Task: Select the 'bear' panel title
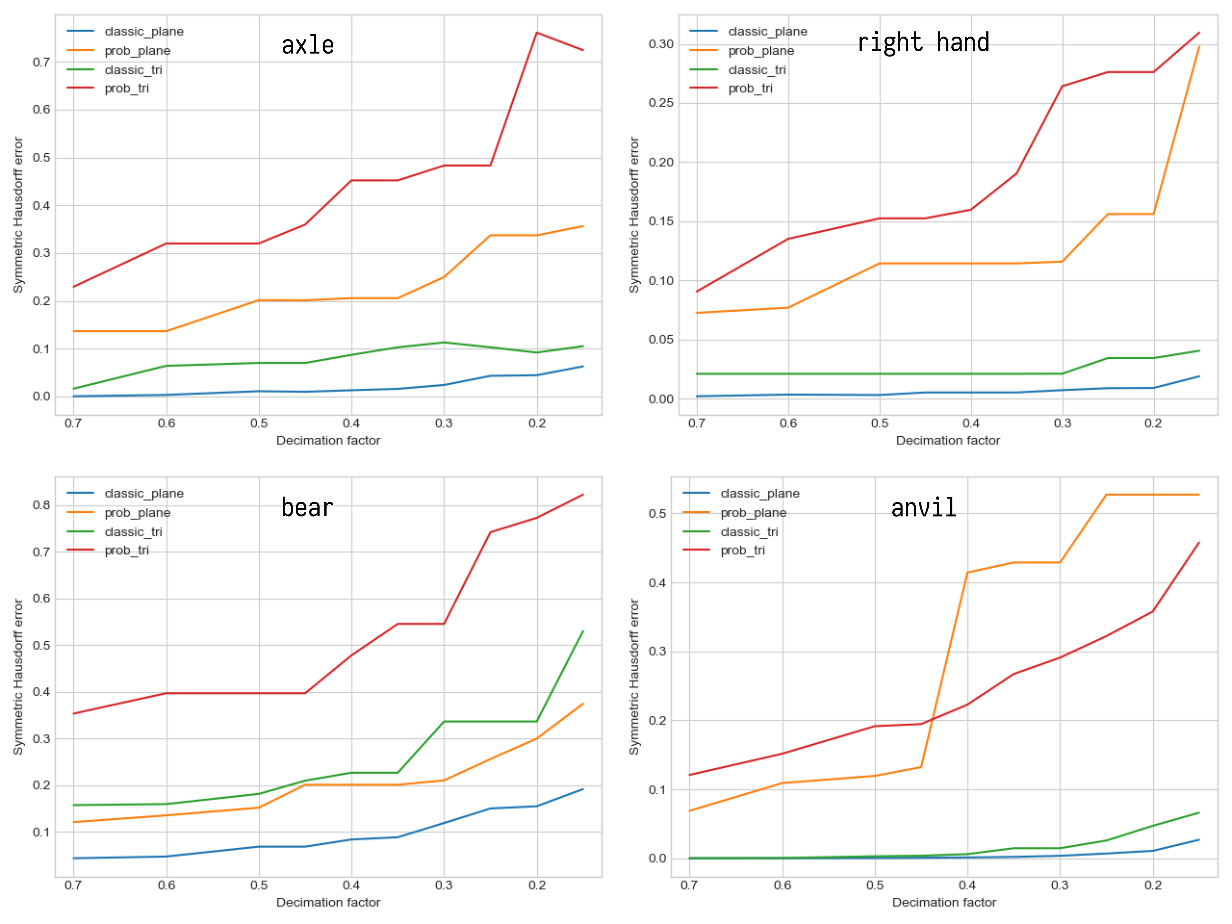click(x=307, y=507)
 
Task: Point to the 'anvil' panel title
click(x=923, y=507)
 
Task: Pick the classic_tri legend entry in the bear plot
click(x=133, y=532)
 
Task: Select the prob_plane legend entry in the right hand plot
click(x=761, y=51)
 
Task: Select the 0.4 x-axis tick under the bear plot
click(x=351, y=885)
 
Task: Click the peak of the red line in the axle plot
click(x=536, y=33)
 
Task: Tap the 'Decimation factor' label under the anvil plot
click(x=944, y=902)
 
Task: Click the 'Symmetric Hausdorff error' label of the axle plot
click(x=18, y=215)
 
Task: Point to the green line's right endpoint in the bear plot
click(x=583, y=631)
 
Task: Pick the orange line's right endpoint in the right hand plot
click(x=1199, y=47)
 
